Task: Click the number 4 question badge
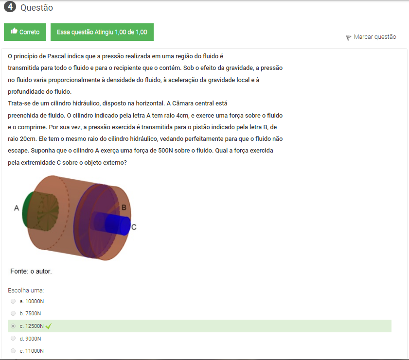pyautogui.click(x=10, y=7)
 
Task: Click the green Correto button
pyautogui.click(x=25, y=32)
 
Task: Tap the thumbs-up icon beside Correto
pyautogui.click(x=14, y=31)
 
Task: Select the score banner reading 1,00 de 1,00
pyautogui.click(x=102, y=32)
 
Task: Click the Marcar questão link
pyautogui.click(x=375, y=37)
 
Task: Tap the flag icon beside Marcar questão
pyautogui.click(x=349, y=38)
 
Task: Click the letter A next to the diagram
pyautogui.click(x=17, y=208)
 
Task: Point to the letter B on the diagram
pyautogui.click(x=124, y=207)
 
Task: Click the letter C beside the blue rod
pyautogui.click(x=134, y=227)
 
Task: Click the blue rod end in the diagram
pyautogui.click(x=125, y=226)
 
